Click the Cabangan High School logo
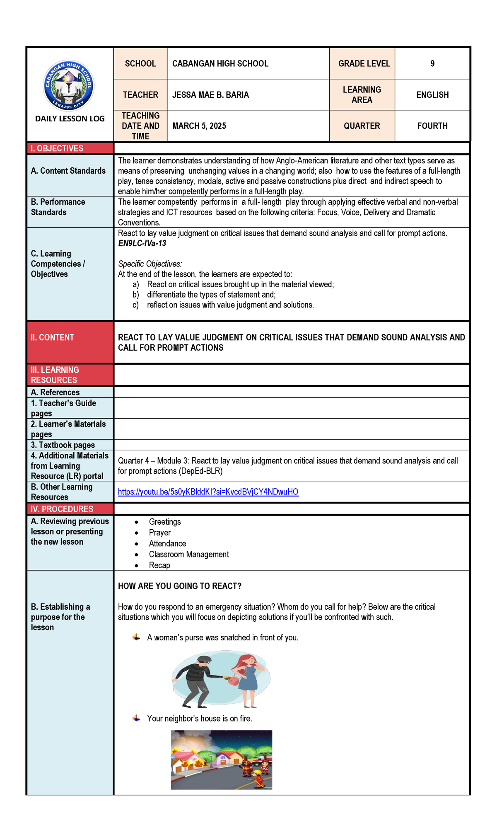point(69,86)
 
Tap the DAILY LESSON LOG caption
point(70,119)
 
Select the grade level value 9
point(432,63)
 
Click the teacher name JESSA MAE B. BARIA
point(210,95)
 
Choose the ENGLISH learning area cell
point(432,95)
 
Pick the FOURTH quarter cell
point(432,126)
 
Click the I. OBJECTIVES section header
point(57,148)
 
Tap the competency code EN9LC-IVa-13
point(142,243)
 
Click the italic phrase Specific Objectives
point(150,264)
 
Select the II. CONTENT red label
point(52,337)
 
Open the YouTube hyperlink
point(208,492)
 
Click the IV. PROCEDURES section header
point(62,509)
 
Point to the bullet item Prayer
point(159,533)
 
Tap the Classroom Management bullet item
point(188,554)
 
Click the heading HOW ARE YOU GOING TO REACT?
point(179,586)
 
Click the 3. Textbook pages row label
point(63,445)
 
